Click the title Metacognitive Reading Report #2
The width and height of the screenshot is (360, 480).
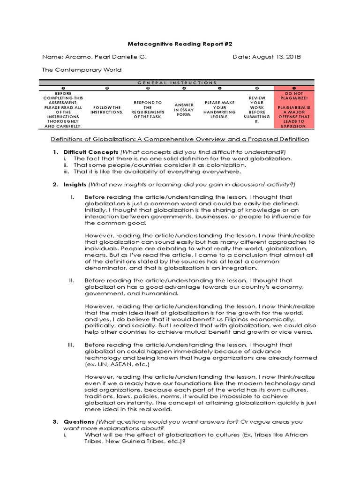[x=180, y=44]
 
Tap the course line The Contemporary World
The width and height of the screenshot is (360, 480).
[x=82, y=70]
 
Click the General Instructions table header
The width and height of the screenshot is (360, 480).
[x=180, y=82]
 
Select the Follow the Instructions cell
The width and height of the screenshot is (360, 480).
[x=106, y=110]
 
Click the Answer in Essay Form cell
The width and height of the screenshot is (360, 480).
[x=184, y=110]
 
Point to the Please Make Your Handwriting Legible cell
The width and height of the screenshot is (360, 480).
[x=219, y=110]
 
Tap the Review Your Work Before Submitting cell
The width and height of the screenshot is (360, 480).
[x=256, y=110]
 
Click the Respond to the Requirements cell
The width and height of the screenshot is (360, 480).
[x=148, y=110]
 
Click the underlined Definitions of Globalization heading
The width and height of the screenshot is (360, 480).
[x=180, y=139]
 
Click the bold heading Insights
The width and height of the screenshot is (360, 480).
[x=75, y=184]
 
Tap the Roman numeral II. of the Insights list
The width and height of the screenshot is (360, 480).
[x=72, y=280]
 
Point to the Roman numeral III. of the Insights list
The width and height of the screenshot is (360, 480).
[x=71, y=345]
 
